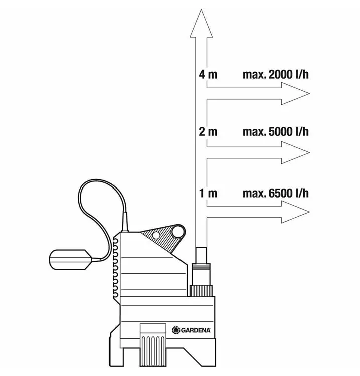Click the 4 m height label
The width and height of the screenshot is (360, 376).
(208, 74)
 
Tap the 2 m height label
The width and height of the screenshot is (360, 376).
(208, 132)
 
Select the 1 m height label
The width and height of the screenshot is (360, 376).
(208, 193)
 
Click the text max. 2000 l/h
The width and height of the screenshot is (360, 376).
(276, 74)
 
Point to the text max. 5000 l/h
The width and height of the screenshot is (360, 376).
(276, 132)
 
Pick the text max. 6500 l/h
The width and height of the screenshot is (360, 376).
(276, 193)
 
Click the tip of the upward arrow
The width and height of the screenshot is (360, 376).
(201, 10)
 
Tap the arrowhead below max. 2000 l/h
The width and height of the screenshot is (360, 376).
(295, 94)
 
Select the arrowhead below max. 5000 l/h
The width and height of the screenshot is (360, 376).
(295, 152)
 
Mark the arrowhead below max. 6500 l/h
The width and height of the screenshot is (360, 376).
(295, 212)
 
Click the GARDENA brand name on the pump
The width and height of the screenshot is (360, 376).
(196, 330)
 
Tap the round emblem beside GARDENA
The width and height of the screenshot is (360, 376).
(176, 330)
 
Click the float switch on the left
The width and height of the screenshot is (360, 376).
(70, 260)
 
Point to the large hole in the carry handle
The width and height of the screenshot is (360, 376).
(178, 232)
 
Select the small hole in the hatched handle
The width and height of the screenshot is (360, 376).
(156, 236)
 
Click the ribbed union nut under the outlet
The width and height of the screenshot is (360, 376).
(201, 291)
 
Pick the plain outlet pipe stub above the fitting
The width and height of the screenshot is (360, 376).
(201, 255)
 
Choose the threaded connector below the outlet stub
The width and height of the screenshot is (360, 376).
(201, 274)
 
